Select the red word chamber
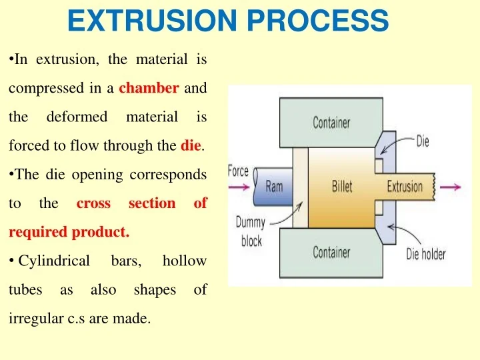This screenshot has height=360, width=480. (149, 88)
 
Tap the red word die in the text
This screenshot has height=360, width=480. (190, 145)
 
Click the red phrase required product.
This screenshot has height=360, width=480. (69, 232)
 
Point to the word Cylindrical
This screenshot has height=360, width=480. (54, 261)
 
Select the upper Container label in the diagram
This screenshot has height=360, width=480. (331, 123)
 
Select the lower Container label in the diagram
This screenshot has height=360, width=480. (331, 253)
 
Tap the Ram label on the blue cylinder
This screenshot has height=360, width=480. (274, 187)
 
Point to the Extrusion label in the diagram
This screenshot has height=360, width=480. (405, 187)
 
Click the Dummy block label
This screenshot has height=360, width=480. (251, 232)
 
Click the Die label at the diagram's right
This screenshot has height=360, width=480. (423, 141)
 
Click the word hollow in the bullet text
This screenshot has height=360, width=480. (184, 261)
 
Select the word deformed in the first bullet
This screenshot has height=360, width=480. (77, 117)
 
